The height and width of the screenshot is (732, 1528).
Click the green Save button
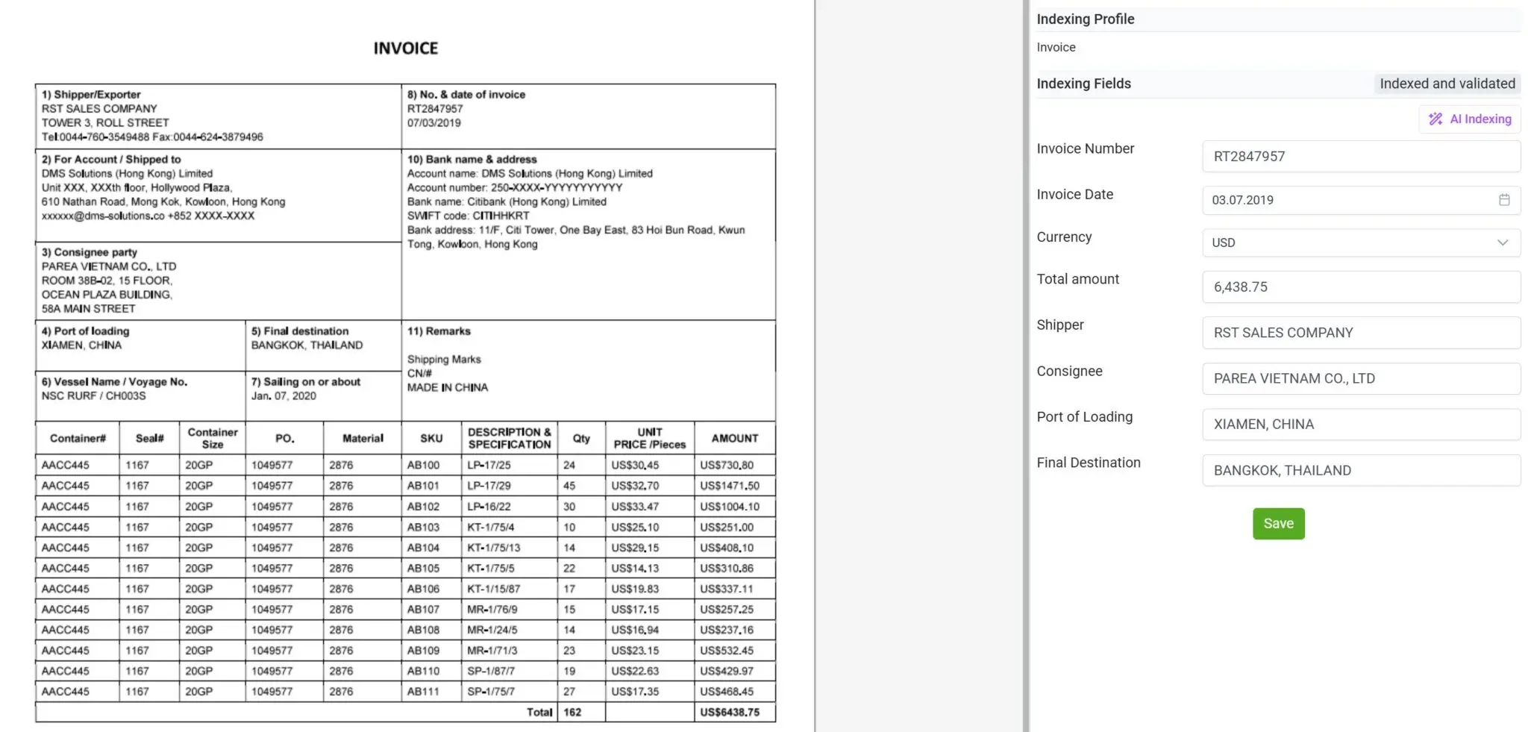1278,524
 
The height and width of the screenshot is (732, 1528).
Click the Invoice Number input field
1361,157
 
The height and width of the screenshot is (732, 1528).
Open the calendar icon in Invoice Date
1504,200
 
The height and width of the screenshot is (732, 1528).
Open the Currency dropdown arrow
1503,243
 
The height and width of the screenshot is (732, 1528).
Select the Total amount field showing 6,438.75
1361,287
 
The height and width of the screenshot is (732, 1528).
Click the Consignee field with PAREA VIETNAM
1361,379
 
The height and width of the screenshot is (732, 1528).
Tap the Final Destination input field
1361,471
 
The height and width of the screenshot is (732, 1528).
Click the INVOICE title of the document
406,49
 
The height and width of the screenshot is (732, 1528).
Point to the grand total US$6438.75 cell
730,713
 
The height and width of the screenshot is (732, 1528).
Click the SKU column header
431,439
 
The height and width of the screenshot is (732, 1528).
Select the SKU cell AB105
423,569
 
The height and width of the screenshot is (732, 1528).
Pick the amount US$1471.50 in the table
729,486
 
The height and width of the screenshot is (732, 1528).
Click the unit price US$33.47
635,507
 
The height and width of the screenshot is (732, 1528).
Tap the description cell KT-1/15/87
493,589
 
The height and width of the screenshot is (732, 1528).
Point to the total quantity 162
572,713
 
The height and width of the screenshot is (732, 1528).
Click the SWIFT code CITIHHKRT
501,216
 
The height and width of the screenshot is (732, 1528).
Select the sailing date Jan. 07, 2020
284,396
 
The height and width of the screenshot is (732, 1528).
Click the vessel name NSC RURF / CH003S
94,396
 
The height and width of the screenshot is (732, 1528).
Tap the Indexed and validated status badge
1447,84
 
